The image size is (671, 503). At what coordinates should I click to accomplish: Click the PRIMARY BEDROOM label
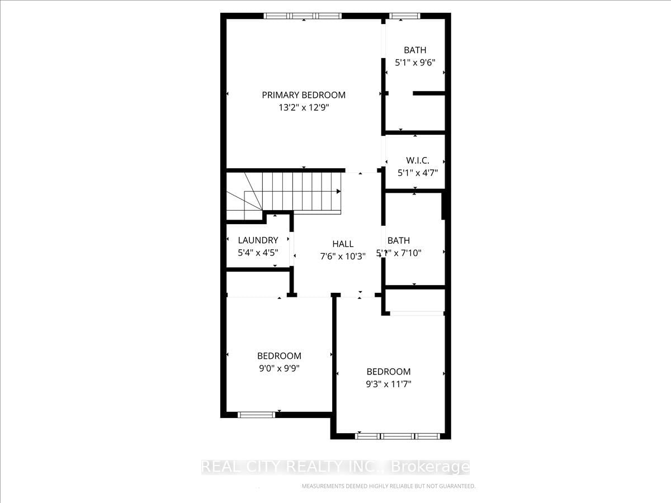point(304,95)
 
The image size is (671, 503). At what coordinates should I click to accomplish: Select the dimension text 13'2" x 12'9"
point(304,108)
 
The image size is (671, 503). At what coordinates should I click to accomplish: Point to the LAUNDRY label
point(258,240)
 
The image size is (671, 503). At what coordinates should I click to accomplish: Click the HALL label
point(343,244)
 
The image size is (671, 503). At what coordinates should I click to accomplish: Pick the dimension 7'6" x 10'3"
point(343,257)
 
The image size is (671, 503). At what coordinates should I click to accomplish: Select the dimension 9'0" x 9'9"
point(279,368)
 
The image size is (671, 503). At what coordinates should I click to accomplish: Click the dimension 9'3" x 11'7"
point(389,384)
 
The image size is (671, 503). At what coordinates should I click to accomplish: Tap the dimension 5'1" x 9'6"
point(415,63)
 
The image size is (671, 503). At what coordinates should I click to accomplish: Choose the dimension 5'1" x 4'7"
point(417,173)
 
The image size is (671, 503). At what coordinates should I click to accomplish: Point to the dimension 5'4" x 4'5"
point(258,253)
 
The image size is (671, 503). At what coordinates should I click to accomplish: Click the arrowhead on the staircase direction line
point(339,191)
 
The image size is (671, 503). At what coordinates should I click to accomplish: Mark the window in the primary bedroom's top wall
point(303,16)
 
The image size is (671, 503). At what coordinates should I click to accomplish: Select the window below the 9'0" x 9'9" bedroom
point(257,415)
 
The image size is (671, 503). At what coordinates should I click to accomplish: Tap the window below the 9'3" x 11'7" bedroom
point(398,436)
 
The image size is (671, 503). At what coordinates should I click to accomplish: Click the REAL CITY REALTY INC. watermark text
point(335,467)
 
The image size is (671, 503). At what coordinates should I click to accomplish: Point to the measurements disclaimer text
point(389,486)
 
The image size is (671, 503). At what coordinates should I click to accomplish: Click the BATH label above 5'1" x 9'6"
point(415,50)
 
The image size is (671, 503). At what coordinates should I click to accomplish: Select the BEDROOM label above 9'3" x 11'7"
point(389,372)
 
